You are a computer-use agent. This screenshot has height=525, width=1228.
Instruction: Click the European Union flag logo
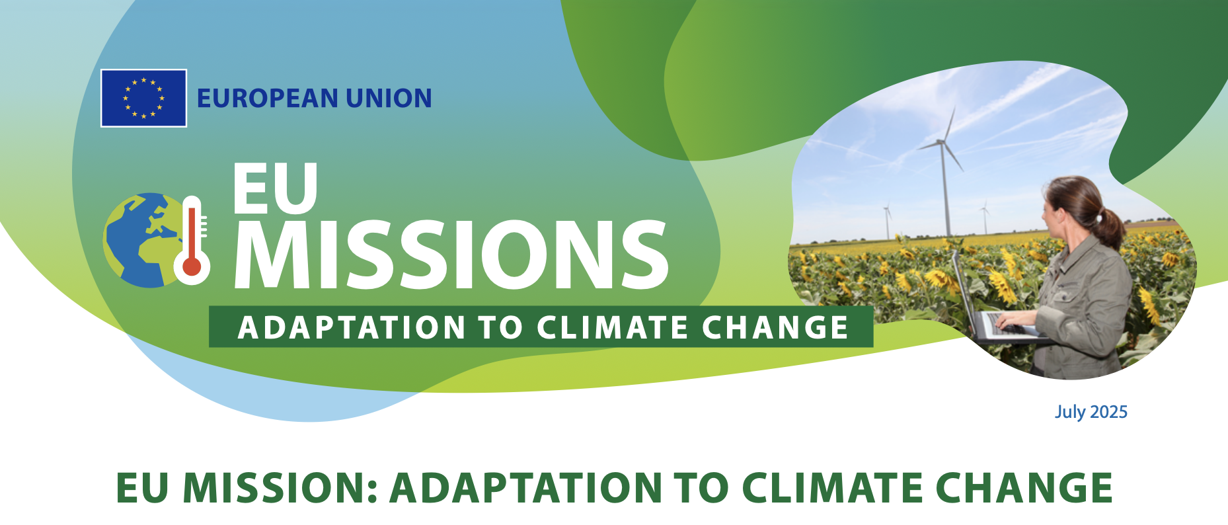(x=143, y=98)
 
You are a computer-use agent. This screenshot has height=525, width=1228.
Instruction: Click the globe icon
(x=141, y=240)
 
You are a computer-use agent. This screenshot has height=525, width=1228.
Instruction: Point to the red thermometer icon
(x=192, y=240)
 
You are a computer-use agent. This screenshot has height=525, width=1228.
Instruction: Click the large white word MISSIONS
(x=451, y=255)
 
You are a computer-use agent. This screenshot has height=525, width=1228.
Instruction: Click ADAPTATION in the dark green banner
(x=352, y=327)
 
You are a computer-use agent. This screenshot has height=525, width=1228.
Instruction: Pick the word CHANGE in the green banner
(x=775, y=327)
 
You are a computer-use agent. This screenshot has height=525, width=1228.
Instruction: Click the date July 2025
(x=1091, y=412)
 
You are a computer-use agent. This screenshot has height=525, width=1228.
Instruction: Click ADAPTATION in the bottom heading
(x=525, y=488)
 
